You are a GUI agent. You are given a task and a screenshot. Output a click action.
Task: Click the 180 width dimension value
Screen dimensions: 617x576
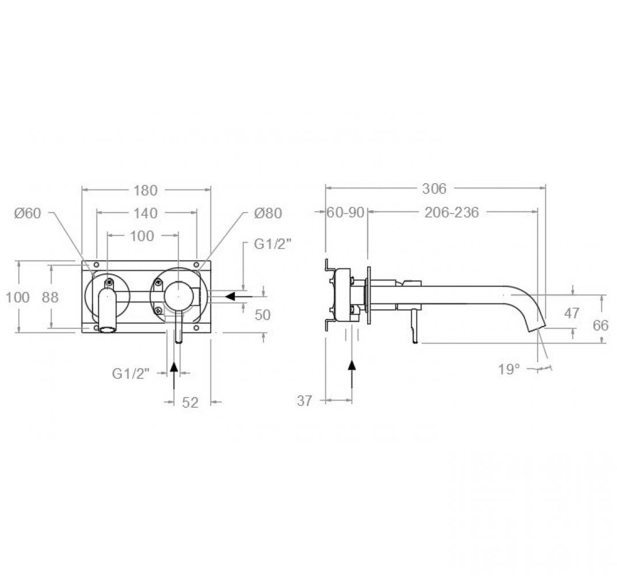point(145,191)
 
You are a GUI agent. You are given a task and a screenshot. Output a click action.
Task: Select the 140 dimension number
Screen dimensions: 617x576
point(145,213)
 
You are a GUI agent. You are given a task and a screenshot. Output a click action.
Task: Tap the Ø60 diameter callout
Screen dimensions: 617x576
point(28,213)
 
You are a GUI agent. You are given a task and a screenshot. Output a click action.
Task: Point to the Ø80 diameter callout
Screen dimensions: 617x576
point(268,213)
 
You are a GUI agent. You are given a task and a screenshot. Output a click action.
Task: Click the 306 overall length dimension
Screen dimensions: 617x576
point(435,188)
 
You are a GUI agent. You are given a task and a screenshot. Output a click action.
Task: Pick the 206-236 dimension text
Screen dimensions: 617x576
point(452,213)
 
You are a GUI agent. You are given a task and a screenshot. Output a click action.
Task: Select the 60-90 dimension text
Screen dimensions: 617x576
point(345,213)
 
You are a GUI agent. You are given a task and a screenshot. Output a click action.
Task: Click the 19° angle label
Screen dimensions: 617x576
point(509,369)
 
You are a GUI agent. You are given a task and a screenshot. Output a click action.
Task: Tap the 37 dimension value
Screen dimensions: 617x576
point(304,401)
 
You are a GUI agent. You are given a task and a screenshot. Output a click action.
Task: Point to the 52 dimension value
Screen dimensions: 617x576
point(191,403)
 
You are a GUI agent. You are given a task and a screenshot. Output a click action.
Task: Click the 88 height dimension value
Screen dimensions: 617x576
point(51,297)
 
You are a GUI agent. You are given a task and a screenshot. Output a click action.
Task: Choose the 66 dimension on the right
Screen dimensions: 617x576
point(600,325)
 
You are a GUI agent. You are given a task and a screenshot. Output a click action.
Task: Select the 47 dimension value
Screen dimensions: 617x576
point(572,313)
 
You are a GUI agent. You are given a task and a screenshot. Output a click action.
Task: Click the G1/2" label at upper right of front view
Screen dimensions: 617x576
point(273,244)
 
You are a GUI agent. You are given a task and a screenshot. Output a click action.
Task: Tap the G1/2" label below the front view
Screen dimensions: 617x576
point(131,373)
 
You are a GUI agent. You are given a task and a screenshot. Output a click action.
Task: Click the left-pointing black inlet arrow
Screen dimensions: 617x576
point(238,295)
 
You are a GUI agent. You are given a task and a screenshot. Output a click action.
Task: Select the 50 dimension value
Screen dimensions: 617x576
point(262,315)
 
